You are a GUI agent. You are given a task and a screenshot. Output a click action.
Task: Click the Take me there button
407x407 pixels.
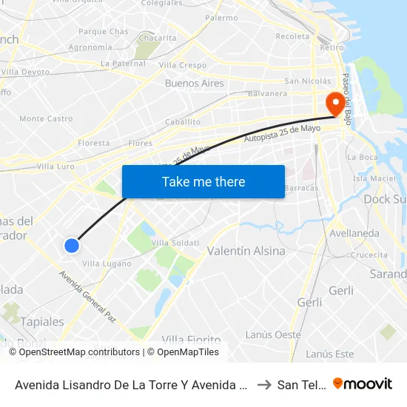coord(203,181)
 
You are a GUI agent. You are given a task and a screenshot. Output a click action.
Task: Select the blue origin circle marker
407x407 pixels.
coord(72,246)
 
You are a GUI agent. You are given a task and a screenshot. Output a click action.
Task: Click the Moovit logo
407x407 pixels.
coord(363,383)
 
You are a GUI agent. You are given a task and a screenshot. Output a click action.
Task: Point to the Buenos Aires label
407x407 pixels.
coord(194,84)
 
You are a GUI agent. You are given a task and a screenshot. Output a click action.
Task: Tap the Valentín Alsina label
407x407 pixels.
coord(246,251)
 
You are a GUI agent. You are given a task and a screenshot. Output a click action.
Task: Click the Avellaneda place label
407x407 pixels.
coord(354,233)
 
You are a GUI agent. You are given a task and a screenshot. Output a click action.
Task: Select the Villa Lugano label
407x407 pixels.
coord(107,263)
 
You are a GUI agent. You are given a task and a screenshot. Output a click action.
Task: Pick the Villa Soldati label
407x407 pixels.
coord(175,243)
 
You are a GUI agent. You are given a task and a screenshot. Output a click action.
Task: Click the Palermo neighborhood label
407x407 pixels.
coord(221,17)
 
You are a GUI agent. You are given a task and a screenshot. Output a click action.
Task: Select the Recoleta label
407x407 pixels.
coord(292,36)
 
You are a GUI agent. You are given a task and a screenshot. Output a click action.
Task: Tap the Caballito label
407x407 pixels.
coord(183,121)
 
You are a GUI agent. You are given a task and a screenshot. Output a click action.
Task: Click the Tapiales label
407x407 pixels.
coord(42,322)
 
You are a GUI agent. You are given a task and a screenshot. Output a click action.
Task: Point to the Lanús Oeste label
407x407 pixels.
coord(273,334)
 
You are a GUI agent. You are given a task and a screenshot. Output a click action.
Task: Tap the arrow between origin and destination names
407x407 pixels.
coord(263,384)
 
